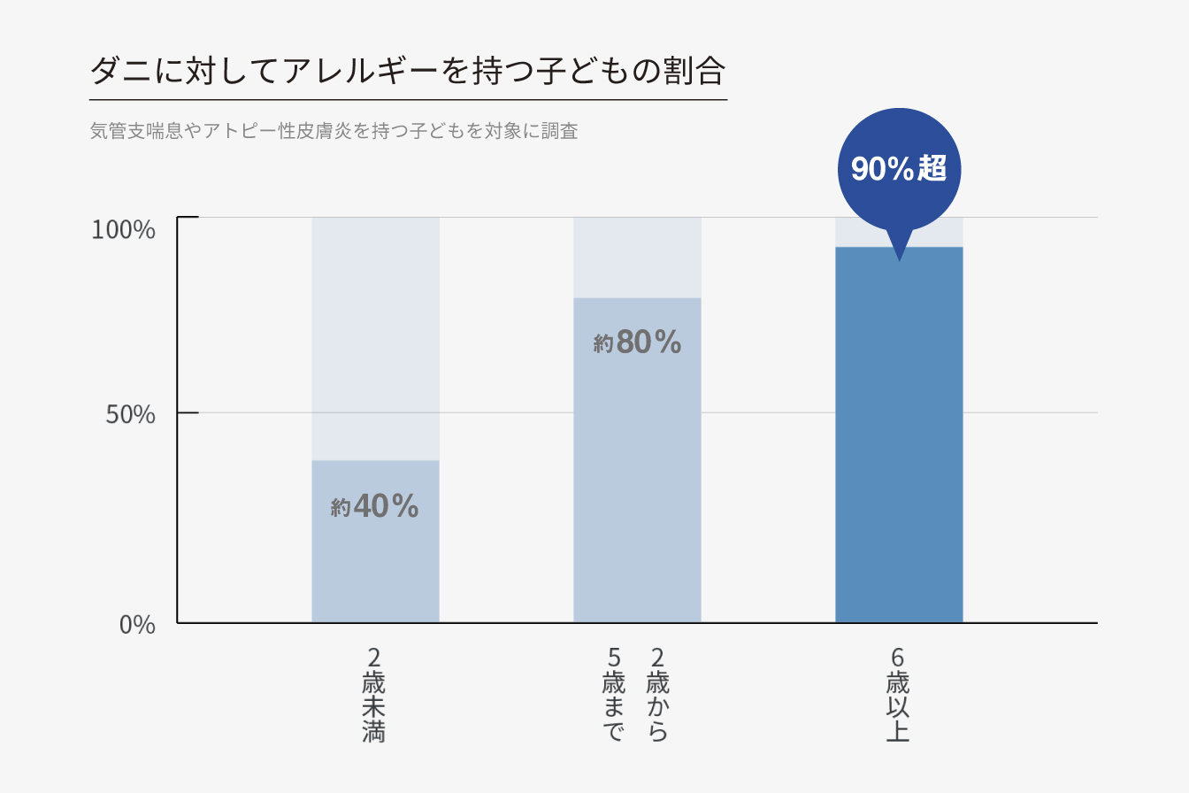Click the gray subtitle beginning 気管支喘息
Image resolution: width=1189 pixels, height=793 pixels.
coord(334,132)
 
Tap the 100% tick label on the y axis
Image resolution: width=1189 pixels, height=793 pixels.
coord(124,230)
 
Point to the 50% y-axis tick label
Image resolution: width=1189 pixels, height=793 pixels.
coord(130,414)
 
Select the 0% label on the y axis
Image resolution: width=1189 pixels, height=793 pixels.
coord(137,625)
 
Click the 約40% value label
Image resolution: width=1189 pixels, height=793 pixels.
coord(374,506)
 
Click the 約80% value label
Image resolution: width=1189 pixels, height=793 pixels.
coord(637,342)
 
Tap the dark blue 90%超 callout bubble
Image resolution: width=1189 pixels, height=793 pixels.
coord(898,168)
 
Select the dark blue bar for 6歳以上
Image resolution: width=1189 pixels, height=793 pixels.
coord(899,434)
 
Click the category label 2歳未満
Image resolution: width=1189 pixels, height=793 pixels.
coord(374,695)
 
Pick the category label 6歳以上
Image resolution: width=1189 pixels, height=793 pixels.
coord(898,695)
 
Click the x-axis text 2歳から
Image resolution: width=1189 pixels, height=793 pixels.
coord(657,695)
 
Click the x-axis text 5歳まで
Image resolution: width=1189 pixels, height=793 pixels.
coord(614,695)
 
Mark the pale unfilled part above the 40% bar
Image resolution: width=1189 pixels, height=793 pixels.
coord(375,336)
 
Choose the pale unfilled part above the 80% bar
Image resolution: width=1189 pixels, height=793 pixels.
coord(637,257)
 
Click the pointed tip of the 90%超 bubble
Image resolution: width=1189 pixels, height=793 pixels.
coord(899,258)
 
